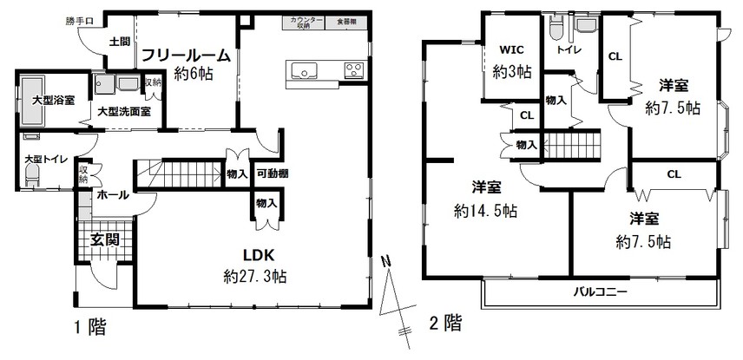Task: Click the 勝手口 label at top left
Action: (79, 21)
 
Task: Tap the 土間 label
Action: (120, 43)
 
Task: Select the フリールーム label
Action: (187, 56)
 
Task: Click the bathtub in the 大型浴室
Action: (32, 100)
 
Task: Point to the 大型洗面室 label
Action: (124, 112)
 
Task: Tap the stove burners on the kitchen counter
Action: (353, 70)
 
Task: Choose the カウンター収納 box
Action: (303, 23)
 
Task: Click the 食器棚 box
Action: (347, 23)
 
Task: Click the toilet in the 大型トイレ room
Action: (32, 178)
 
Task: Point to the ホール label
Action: (113, 194)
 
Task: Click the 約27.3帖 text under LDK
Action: (254, 276)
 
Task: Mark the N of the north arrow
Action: (386, 261)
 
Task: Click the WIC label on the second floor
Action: (511, 50)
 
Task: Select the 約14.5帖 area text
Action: (485, 210)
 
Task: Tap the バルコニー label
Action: (600, 291)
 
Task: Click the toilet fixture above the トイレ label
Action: (555, 29)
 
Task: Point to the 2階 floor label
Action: (445, 324)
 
